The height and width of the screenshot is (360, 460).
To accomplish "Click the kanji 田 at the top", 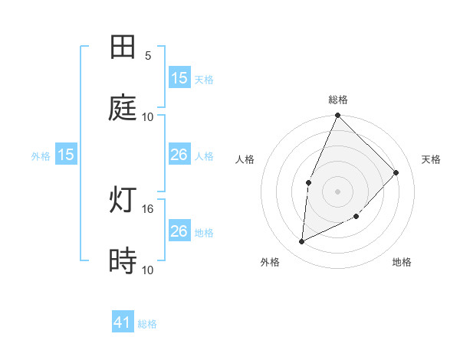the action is [x=123, y=47].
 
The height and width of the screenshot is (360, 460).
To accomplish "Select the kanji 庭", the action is [x=123, y=108].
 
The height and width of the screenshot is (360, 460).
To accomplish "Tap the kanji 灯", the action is [x=123, y=200].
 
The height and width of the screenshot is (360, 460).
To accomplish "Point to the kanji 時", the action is [x=123, y=261].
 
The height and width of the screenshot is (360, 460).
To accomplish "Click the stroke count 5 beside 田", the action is [x=148, y=56].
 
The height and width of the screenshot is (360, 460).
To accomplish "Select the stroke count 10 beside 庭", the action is [x=148, y=116].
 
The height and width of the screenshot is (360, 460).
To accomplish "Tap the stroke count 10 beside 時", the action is [x=148, y=270].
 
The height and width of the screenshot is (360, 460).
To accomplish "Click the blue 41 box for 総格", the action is [x=123, y=323].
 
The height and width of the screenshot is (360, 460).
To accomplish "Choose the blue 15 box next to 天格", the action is [x=179, y=78].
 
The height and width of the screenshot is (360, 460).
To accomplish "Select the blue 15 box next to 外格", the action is [x=66, y=155].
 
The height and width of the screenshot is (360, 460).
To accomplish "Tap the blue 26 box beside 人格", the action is [x=179, y=155].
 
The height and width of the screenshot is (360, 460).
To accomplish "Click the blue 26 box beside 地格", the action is [x=179, y=231].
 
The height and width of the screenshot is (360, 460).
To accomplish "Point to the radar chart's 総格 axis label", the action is [x=338, y=100].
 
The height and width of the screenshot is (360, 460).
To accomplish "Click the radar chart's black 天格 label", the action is [x=431, y=159].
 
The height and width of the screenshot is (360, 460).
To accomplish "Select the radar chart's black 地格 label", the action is [x=402, y=262].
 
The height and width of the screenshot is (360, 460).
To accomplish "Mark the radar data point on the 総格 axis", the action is [x=338, y=116].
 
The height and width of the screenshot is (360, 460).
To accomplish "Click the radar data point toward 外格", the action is [x=302, y=242].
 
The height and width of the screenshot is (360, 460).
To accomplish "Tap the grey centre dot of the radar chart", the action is [x=338, y=191].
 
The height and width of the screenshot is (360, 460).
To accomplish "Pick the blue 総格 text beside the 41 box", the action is [x=147, y=324].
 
